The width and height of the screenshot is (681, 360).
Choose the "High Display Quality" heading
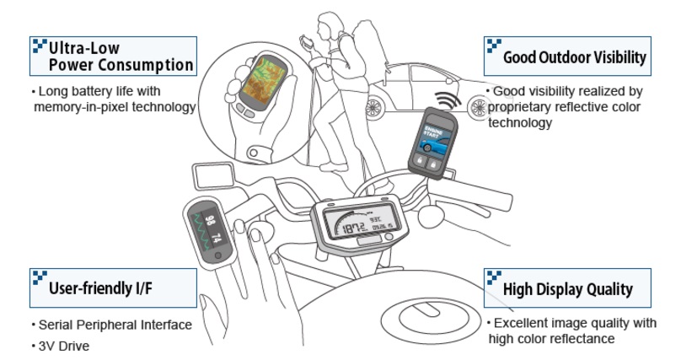pyautogui.click(x=567, y=289)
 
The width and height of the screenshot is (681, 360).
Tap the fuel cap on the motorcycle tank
pyautogui.click(x=419, y=318)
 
